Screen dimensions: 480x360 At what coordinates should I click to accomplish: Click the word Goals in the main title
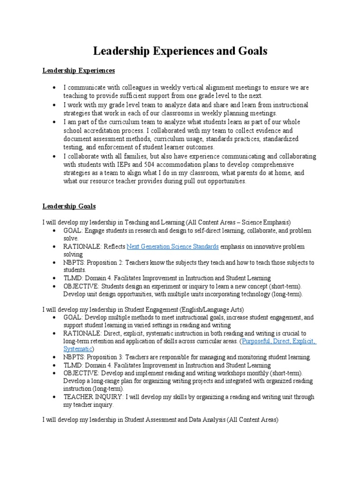click(249, 52)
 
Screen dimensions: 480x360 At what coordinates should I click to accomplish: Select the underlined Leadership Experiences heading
click(79, 71)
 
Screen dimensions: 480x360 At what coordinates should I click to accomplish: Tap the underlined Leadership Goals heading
click(69, 206)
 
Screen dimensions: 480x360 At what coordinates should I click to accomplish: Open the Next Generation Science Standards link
click(172, 246)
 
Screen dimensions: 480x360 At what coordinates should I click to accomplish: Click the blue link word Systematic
click(78, 349)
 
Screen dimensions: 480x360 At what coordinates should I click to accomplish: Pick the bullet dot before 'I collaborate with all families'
click(55, 156)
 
